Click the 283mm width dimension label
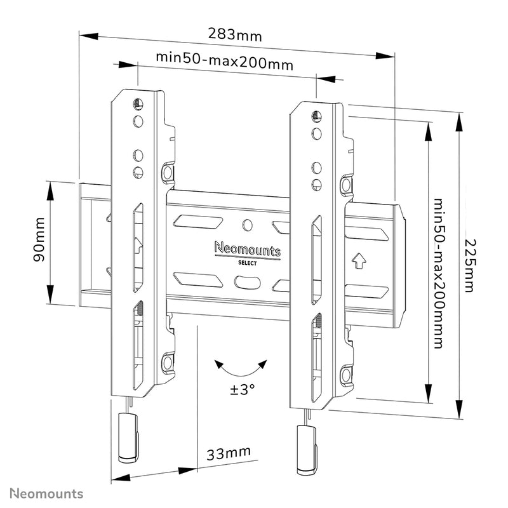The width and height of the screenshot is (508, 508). [235, 34]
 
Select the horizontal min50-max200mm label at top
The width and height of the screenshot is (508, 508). [225, 63]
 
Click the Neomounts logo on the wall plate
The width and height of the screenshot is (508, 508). [247, 250]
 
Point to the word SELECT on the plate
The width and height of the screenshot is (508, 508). [247, 263]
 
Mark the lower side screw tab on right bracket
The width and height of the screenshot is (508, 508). [345, 374]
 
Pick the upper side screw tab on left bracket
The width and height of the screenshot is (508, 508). [167, 171]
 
